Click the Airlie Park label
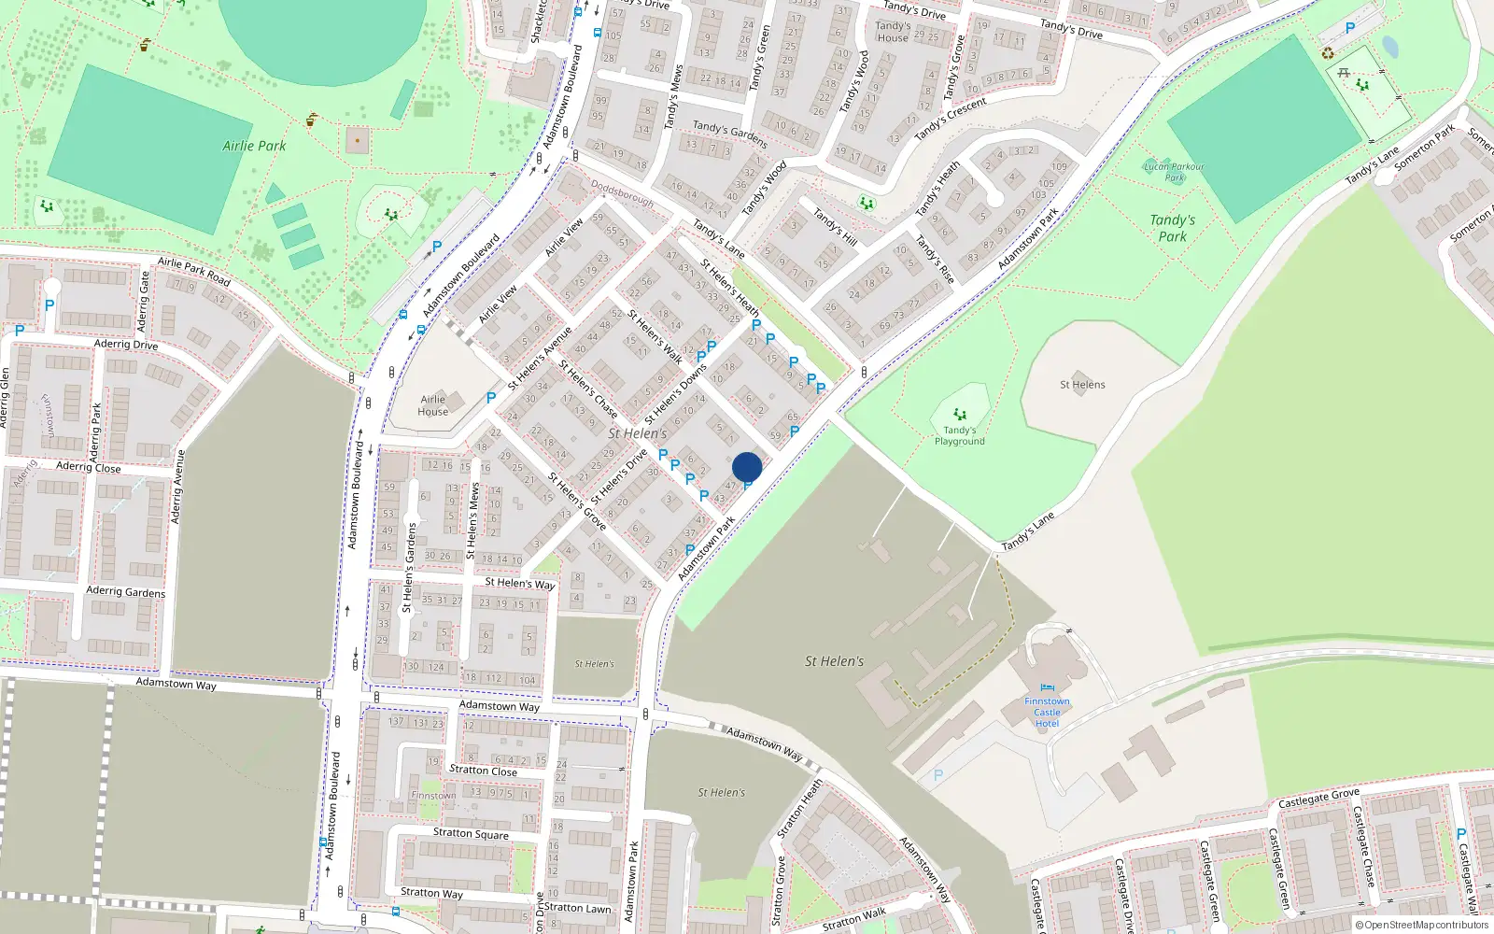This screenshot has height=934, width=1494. (254, 146)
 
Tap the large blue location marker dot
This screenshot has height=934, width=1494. (747, 467)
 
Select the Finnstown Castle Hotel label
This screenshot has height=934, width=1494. (1047, 713)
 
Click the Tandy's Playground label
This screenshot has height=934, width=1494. (960, 436)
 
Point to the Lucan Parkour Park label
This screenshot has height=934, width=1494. (1174, 172)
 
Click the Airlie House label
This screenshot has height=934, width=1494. (433, 405)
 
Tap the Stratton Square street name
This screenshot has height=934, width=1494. (471, 833)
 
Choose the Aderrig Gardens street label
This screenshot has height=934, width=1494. (125, 591)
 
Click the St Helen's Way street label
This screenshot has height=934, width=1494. (519, 583)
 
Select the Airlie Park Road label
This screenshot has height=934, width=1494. (193, 270)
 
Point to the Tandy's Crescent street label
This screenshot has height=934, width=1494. (951, 120)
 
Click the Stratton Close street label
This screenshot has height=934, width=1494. (483, 771)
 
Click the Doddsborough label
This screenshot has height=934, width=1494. (622, 193)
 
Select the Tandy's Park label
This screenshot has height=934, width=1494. (1173, 228)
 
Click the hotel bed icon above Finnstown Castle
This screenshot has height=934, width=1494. (1047, 689)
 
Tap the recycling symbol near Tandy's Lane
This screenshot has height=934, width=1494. (1328, 52)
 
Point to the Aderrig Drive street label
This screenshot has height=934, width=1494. (126, 344)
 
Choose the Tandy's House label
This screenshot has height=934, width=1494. (893, 32)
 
